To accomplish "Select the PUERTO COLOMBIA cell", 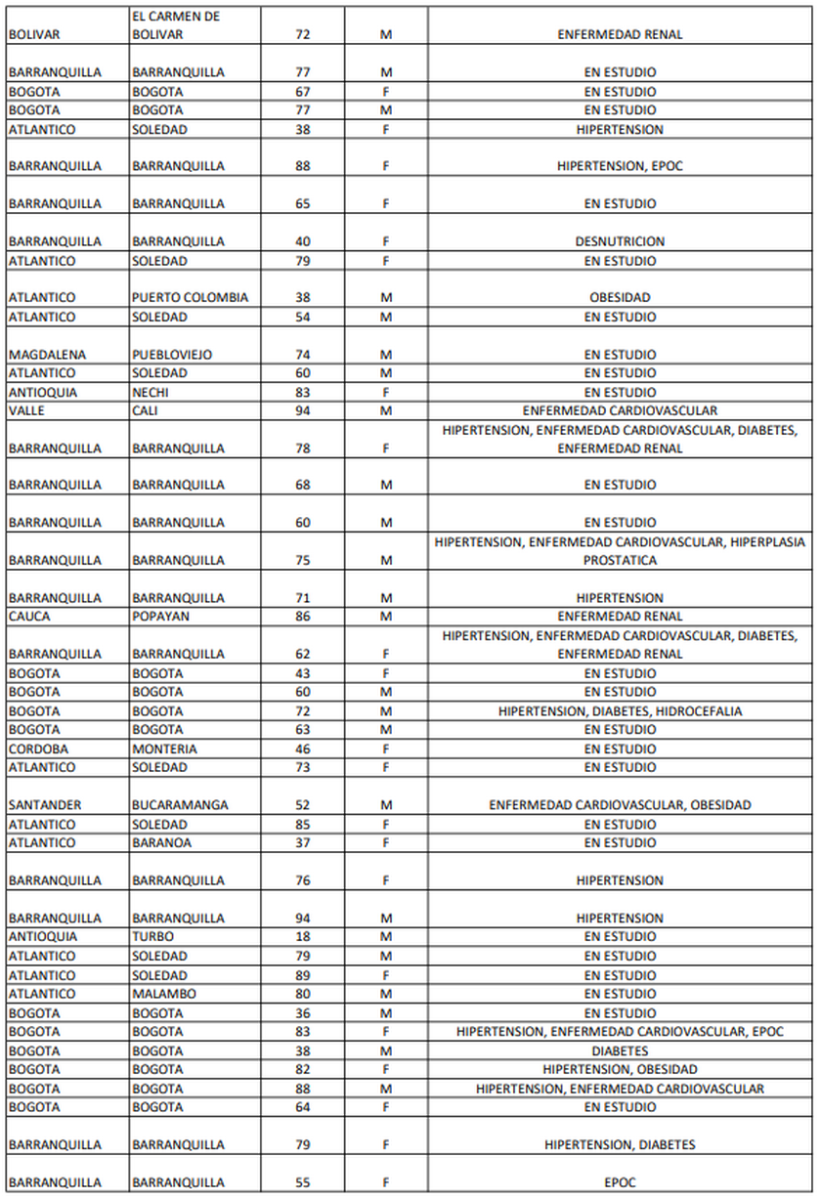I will [190, 297].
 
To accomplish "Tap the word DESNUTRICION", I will [620, 241].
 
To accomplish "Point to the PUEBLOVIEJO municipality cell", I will [172, 355].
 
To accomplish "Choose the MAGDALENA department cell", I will [45, 355].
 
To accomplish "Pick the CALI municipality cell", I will [145, 410].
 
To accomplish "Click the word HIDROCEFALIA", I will [698, 711].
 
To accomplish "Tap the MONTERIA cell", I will [164, 749].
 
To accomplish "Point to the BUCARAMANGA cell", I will [180, 805].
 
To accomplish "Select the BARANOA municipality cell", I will [161, 842].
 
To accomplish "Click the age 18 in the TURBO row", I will [302, 937].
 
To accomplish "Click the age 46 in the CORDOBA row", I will [302, 749].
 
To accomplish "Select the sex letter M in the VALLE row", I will [386, 410].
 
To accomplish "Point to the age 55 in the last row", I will [302, 1182].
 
